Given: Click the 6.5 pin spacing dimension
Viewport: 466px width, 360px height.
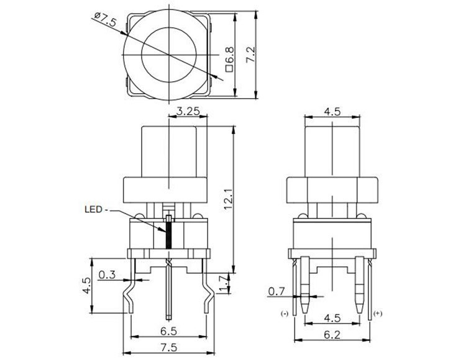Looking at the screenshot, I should point(167,330).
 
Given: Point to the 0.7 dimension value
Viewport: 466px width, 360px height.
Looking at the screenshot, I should point(276,290).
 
